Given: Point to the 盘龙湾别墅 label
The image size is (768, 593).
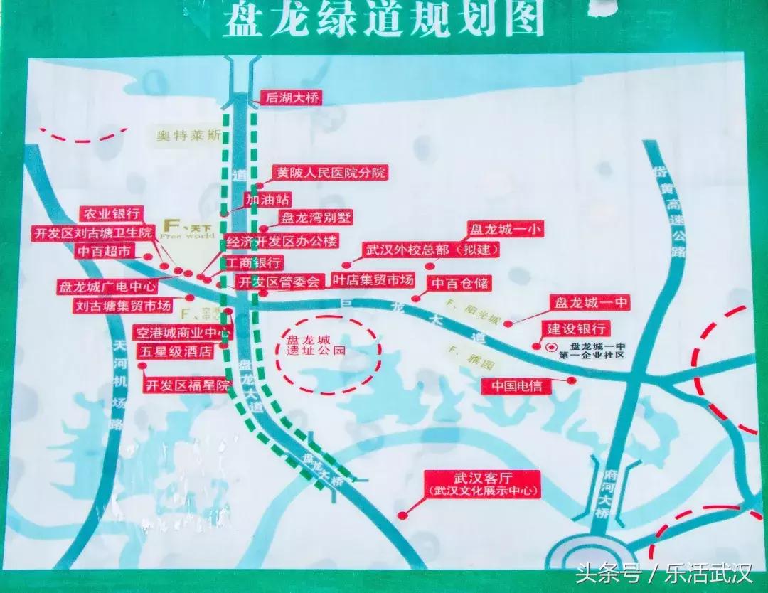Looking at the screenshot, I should point(316,218).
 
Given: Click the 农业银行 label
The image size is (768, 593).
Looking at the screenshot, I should point(112,213).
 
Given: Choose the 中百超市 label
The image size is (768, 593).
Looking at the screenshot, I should point(104,251).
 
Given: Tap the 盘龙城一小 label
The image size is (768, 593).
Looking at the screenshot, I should point(496,230).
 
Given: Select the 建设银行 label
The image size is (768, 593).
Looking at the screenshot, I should point(576,328).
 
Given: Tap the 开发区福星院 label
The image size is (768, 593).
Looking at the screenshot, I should point(188,386).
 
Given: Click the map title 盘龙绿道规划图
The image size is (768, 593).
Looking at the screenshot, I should point(384,20).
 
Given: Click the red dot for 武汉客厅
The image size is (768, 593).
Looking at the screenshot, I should point(402,515).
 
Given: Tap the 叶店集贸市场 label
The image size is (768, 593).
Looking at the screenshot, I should point(373,280).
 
